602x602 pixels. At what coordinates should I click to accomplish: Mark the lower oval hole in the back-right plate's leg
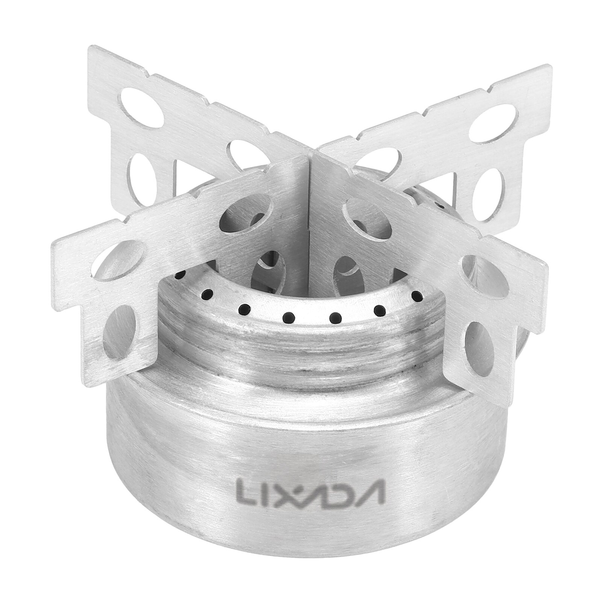(x=488, y=185)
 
